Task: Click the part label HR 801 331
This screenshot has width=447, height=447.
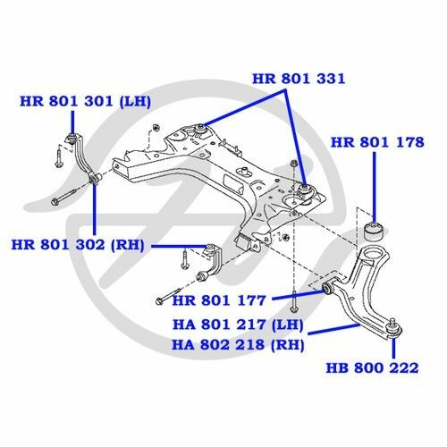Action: [x=299, y=79]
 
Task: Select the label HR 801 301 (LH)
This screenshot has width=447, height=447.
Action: [x=85, y=101]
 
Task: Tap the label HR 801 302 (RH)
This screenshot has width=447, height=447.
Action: [x=78, y=245]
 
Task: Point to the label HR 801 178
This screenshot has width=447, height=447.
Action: [x=377, y=142]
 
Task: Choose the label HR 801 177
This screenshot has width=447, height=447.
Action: [x=219, y=300]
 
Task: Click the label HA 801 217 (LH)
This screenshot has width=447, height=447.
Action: [x=238, y=325]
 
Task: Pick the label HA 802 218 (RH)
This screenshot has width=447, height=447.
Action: [x=238, y=345]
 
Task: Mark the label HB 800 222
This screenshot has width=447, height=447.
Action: [x=372, y=367]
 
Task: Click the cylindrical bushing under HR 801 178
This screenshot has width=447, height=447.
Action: [x=375, y=231]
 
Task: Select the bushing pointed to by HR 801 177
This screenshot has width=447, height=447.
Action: [x=328, y=288]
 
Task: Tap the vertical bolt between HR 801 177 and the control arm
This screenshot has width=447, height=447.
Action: [x=294, y=301]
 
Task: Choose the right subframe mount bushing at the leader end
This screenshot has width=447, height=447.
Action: [x=305, y=190]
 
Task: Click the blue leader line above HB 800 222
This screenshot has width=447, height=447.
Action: [x=394, y=347]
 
